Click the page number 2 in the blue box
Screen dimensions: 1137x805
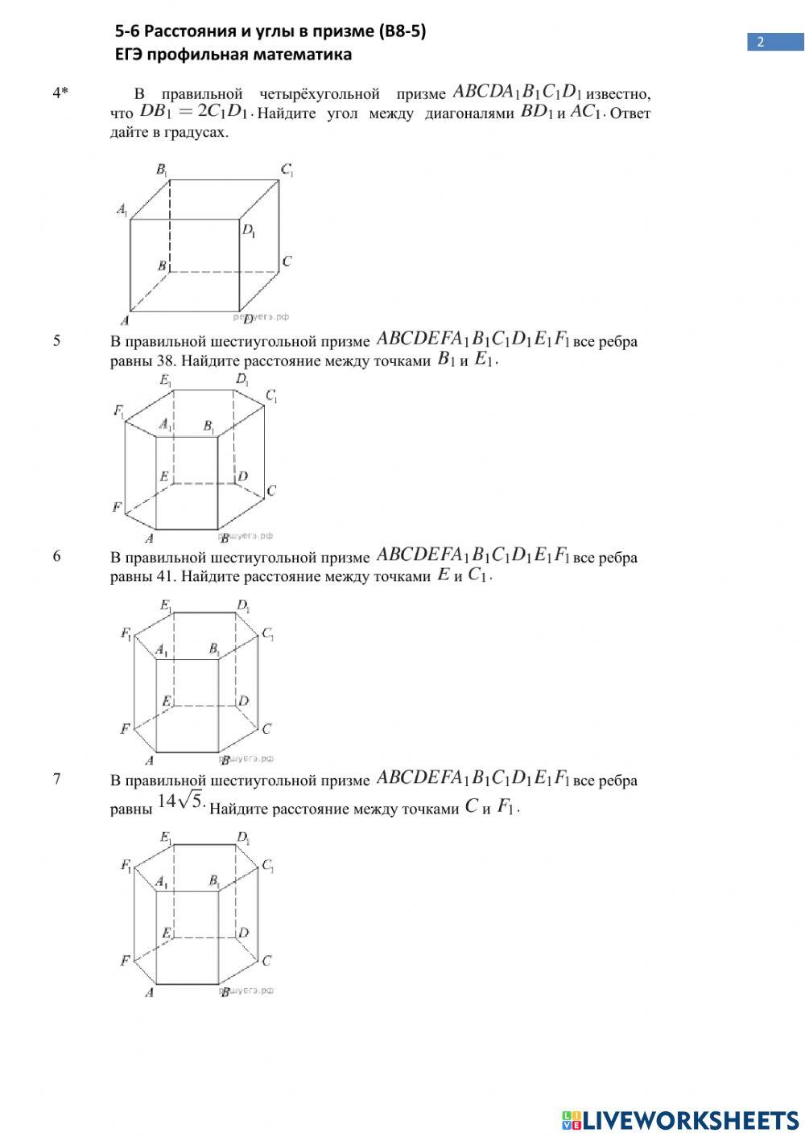pyautogui.click(x=760, y=43)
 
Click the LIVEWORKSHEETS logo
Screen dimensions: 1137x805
pyautogui.click(x=680, y=1119)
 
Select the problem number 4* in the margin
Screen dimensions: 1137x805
pyautogui.click(x=60, y=93)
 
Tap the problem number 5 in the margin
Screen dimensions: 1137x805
pyautogui.click(x=56, y=340)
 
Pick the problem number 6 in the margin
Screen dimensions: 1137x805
pyautogui.click(x=56, y=556)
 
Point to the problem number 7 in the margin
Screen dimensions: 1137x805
pyautogui.click(x=56, y=779)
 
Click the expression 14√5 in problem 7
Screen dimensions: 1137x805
pyautogui.click(x=180, y=801)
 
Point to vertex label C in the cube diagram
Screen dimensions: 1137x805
pyautogui.click(x=287, y=262)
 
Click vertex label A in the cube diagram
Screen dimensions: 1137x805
pyautogui.click(x=125, y=319)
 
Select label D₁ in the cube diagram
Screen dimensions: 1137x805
pyautogui.click(x=249, y=231)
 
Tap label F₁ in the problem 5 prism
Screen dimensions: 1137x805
pyautogui.click(x=119, y=412)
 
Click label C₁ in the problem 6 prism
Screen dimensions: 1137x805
pyautogui.click(x=268, y=634)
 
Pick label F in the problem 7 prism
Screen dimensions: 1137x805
pyautogui.click(x=125, y=960)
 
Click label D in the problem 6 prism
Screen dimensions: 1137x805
pyautogui.click(x=243, y=701)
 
